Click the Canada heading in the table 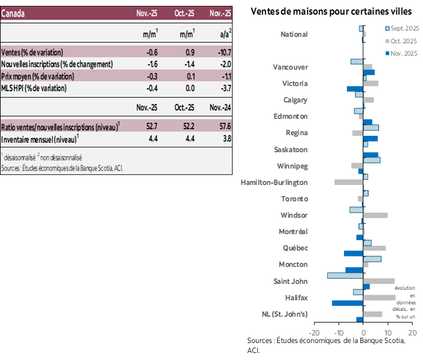13,13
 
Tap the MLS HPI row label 34,88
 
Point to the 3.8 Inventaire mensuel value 226,139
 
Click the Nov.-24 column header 220,108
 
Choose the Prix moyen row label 38,76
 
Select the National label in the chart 294,35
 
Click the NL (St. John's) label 285,314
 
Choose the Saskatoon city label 291,150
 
